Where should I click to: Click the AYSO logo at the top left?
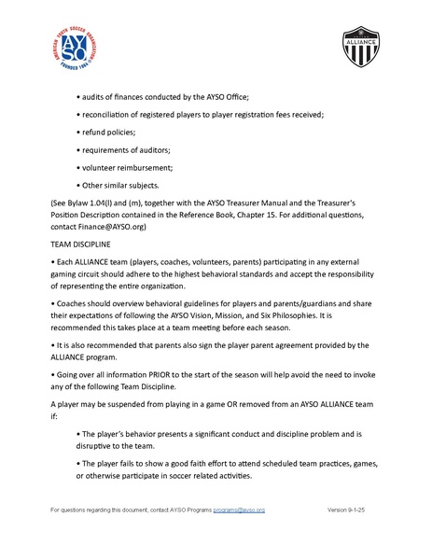73,47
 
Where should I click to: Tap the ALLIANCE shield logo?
360,48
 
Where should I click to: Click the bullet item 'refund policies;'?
107,133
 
